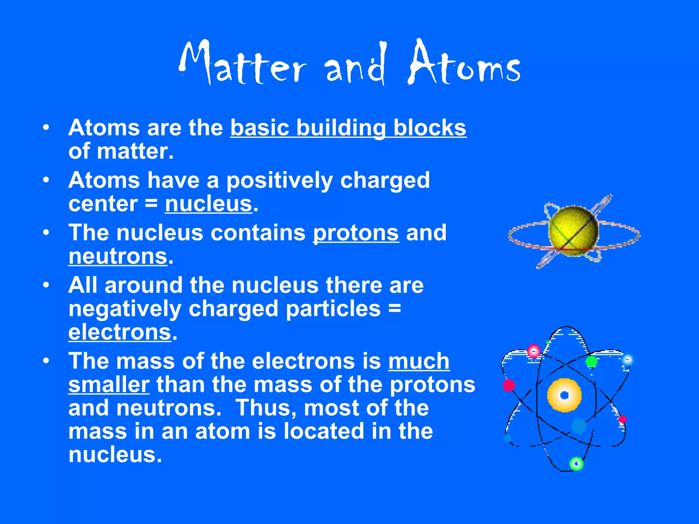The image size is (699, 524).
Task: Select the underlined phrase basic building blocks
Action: click(x=348, y=128)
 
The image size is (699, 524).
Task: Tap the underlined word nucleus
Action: click(x=209, y=204)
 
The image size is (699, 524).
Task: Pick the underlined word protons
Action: click(x=356, y=233)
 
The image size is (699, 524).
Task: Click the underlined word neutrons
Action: click(x=118, y=257)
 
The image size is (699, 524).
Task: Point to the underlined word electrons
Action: click(x=119, y=332)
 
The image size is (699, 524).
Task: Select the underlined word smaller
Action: click(x=109, y=385)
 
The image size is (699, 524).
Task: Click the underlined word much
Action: click(x=419, y=361)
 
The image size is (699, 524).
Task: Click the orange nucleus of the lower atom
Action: click(x=564, y=395)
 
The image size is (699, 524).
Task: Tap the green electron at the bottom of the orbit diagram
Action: click(x=576, y=464)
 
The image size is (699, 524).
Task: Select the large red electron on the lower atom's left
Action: click(x=509, y=385)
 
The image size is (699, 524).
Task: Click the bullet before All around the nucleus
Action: click(x=46, y=285)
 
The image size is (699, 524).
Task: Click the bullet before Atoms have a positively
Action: click(x=46, y=180)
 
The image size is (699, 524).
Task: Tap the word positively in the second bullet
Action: click(x=279, y=180)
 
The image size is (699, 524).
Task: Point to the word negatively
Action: click(x=125, y=309)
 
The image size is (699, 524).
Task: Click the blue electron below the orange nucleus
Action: click(x=579, y=426)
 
